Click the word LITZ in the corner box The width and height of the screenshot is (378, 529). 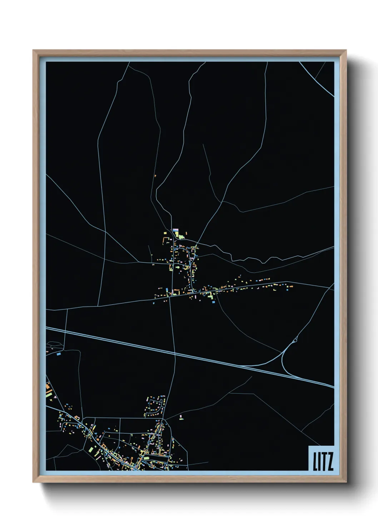pyautogui.click(x=323, y=461)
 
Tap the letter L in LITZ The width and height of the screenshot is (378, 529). pyautogui.click(x=315, y=461)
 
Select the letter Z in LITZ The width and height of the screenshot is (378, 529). pyautogui.click(x=330, y=461)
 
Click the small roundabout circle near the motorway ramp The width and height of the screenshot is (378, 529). pyautogui.click(x=295, y=341)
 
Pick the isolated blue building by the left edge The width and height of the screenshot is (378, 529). pyautogui.click(x=59, y=354)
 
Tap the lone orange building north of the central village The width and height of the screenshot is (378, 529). pyautogui.click(x=155, y=175)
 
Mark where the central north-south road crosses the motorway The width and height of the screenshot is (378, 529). pyautogui.click(x=174, y=352)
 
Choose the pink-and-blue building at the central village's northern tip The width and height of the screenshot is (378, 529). pyautogui.click(x=175, y=230)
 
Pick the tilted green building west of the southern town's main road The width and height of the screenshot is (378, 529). pyautogui.click(x=91, y=449)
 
